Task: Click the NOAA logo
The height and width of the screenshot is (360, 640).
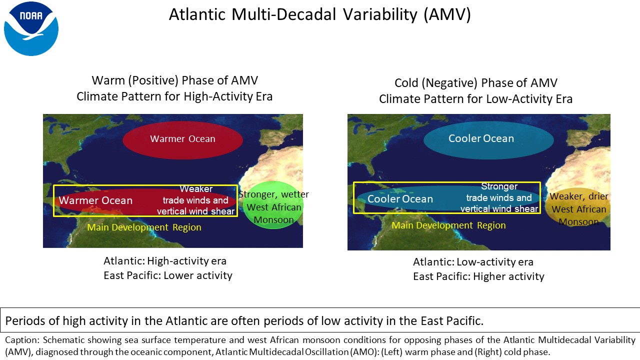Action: coord(31,28)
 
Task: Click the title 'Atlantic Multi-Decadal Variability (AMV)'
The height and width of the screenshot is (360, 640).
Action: coord(319,14)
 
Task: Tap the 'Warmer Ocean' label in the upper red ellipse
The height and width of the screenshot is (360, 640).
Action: coord(182,139)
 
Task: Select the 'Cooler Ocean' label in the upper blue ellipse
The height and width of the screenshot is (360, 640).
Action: coord(481,138)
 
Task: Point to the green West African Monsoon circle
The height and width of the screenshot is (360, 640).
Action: coord(273,205)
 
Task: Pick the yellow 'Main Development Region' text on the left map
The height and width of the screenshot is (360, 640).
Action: coord(144,227)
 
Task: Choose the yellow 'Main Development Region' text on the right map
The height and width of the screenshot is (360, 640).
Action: coord(448,225)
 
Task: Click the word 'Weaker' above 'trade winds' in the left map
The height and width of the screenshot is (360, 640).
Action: coord(196,189)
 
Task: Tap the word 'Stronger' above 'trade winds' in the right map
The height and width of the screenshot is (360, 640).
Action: coord(499,186)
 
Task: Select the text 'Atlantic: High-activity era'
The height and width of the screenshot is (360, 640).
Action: coord(165,261)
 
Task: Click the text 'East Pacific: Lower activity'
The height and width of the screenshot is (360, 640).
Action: coord(167,275)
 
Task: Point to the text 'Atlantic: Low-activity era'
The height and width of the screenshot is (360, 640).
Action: coord(473,262)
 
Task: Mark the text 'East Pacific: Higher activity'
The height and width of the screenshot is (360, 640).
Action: coord(478,276)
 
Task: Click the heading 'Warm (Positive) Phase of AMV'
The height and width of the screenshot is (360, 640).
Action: coord(175,80)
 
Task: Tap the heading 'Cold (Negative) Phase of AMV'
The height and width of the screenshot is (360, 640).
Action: coord(475,83)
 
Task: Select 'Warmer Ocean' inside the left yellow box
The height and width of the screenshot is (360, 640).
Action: coord(95,200)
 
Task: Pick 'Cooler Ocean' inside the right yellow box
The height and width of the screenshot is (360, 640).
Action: coord(400,199)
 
